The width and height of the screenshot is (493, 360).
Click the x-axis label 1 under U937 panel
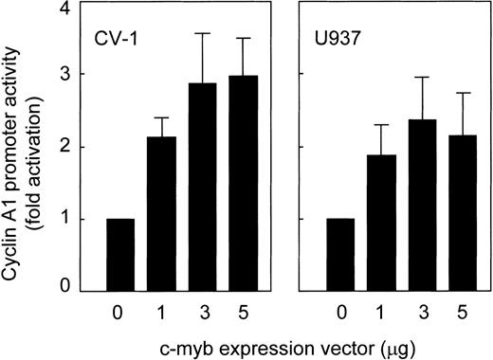383,310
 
